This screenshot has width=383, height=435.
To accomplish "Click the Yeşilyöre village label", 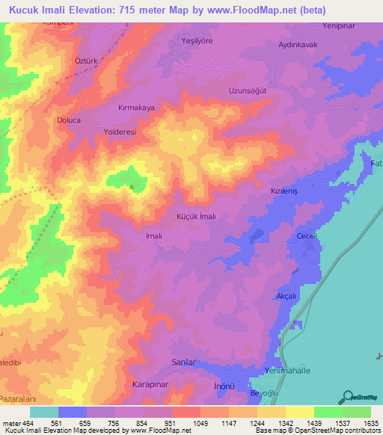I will coord(197,41).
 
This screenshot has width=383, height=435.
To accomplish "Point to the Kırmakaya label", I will coord(137,108).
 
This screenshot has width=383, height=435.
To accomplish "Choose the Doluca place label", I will coord(69,120).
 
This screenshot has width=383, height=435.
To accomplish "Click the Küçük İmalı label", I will coord(196,216).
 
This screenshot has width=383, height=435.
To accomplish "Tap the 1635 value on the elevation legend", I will coord(371,422).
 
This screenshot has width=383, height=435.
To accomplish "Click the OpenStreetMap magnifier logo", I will coord(348,396).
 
